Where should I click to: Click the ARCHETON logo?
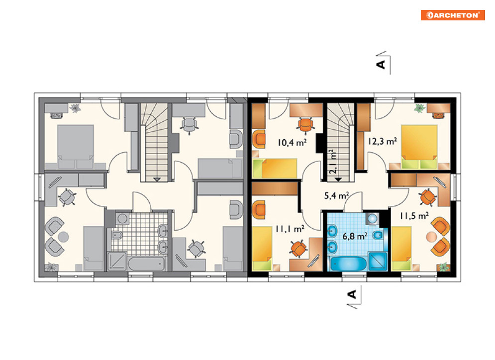coord(453,15)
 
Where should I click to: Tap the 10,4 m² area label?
coord(292,143)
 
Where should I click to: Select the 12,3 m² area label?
coord(382,141)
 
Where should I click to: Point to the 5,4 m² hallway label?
coord(336,195)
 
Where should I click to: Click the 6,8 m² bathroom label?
coord(355,236)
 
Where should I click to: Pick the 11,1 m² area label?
coord(290,228)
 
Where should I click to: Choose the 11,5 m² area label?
coord(414,216)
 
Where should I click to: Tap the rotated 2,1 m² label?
coord(333,162)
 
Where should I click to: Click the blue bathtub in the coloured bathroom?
coord(348,264)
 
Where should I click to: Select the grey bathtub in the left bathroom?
coord(146,264)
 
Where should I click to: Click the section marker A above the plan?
coord(381,64)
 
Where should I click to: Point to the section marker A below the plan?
coord(352,294)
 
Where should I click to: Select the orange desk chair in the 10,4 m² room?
coord(305,125)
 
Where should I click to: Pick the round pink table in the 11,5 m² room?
coord(431,237)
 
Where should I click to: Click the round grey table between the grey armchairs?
coord(64,237)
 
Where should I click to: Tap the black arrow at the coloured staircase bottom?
coord(338,180)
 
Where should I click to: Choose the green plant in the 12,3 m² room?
coord(419,108)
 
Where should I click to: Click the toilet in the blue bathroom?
coord(378,235)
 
